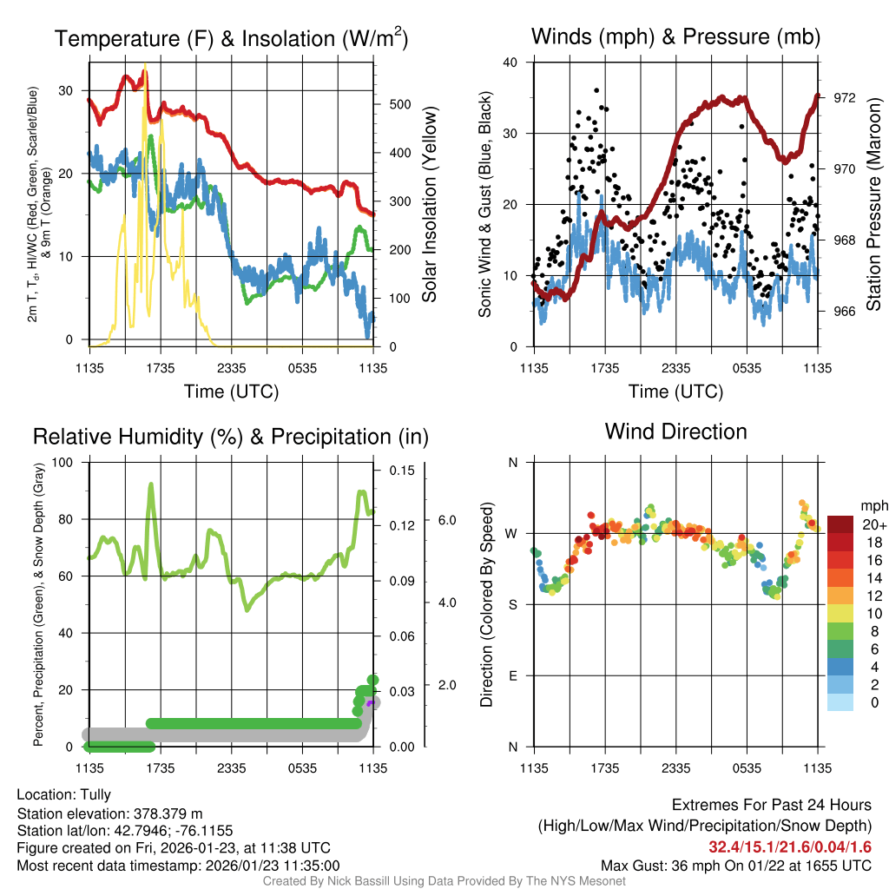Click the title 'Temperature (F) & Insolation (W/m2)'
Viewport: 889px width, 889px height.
point(231,39)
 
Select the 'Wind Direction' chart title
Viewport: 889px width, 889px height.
point(675,431)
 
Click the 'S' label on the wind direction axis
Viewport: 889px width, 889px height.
point(513,604)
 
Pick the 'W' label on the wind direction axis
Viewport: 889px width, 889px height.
point(512,533)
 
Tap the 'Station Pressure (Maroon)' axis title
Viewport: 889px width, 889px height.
point(873,204)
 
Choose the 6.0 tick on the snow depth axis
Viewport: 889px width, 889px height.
point(446,520)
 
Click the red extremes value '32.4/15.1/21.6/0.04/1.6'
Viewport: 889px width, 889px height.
point(790,847)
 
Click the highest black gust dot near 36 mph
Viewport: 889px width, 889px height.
point(596,90)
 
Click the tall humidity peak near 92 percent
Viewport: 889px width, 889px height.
point(151,486)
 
